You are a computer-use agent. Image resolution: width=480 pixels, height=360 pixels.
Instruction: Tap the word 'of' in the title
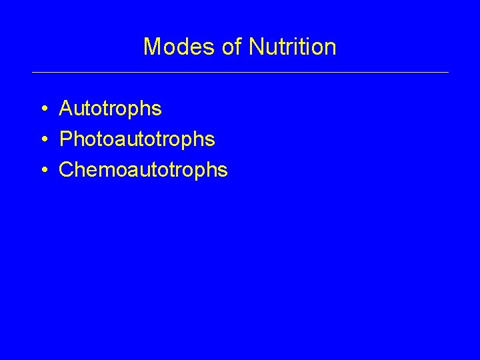point(231,47)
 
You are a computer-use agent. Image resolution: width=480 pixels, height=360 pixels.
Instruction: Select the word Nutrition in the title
point(292,47)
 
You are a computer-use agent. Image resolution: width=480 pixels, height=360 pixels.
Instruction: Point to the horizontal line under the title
point(240,72)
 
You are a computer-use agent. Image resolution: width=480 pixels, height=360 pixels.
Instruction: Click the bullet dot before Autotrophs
point(43,108)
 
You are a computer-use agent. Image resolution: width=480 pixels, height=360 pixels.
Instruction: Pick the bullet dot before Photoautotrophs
point(43,139)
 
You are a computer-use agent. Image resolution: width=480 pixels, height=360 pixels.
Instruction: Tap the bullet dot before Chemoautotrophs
point(43,170)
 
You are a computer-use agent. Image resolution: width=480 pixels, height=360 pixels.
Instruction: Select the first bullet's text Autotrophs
point(110,108)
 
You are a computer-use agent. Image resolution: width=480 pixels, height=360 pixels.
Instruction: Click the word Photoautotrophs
point(137,139)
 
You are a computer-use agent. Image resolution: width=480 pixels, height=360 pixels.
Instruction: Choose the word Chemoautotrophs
point(143,170)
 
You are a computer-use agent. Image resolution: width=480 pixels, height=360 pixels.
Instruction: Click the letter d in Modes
point(179,47)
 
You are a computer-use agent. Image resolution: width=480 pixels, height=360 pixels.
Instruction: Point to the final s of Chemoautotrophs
point(223,171)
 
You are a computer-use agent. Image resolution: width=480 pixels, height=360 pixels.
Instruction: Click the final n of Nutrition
point(330,48)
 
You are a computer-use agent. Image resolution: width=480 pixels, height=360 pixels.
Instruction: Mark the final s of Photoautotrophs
point(210,140)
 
